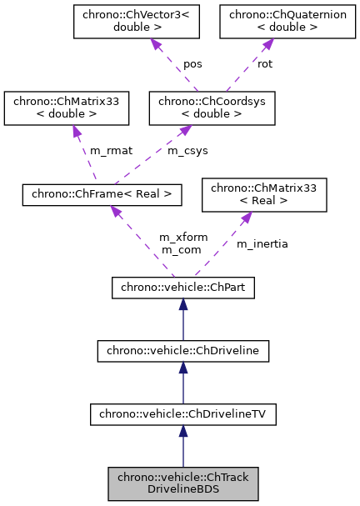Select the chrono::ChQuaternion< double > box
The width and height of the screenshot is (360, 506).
tap(271, 23)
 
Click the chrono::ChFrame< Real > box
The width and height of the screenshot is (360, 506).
tap(101, 194)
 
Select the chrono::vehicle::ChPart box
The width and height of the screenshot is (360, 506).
tap(183, 288)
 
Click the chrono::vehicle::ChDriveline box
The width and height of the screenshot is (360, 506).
tap(183, 351)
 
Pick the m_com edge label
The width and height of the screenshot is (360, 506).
tap(178, 249)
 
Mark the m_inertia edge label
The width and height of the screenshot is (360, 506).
tap(262, 243)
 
